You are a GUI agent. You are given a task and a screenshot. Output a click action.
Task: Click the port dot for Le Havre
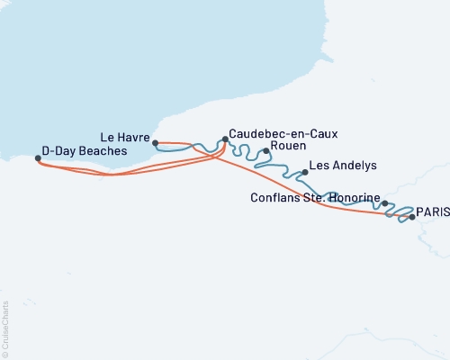(x=156, y=142)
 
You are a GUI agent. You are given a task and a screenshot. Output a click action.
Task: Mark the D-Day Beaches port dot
(x=38, y=158)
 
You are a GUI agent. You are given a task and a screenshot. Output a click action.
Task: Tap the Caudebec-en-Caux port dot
(x=225, y=139)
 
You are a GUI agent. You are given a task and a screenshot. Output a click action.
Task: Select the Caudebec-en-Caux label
(x=283, y=133)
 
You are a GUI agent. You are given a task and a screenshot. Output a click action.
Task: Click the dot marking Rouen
(x=265, y=151)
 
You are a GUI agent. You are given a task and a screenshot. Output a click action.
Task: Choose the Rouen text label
(x=288, y=145)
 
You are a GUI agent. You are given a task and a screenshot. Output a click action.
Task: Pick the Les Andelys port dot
(x=305, y=172)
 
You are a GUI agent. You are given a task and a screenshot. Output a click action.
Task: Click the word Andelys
(x=353, y=166)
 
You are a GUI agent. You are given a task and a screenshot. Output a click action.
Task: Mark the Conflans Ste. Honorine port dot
(x=385, y=203)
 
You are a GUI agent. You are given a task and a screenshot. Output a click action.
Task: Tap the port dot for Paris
(x=412, y=217)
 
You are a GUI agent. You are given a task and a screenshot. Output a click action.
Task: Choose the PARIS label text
(x=432, y=211)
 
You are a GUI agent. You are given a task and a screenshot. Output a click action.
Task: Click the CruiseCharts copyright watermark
(x=5, y=328)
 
